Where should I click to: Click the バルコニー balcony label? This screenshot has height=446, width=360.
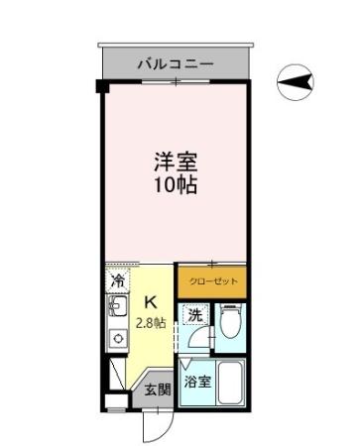[x=176, y=62]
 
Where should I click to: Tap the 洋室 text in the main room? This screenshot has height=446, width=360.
[x=173, y=160]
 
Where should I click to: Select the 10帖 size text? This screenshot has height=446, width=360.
[x=173, y=185]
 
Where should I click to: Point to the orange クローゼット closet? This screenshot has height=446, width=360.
[x=211, y=281]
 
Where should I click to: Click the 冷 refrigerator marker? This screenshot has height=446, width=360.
[x=118, y=281]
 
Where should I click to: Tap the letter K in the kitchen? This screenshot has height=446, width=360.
[x=151, y=301]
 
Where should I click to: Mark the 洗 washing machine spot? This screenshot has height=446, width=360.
[x=195, y=315]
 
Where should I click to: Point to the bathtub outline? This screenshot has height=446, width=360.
[x=231, y=383]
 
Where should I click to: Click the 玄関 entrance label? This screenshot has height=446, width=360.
[x=159, y=390]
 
